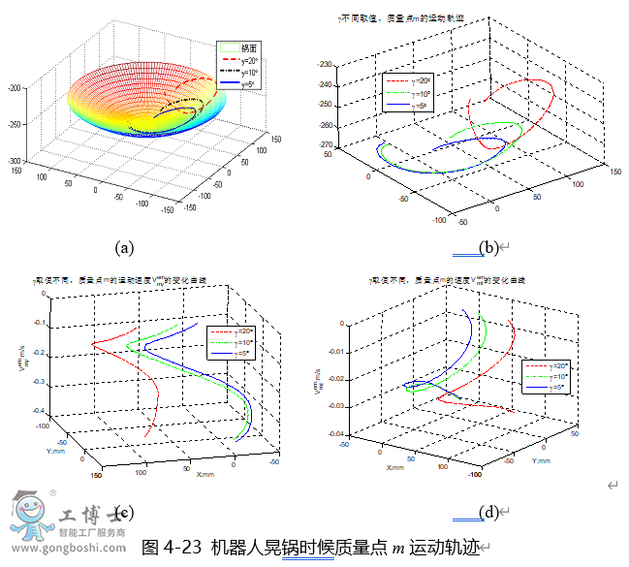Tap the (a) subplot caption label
(124, 247)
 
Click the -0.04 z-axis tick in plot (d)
(335, 433)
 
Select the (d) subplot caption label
(488, 513)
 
